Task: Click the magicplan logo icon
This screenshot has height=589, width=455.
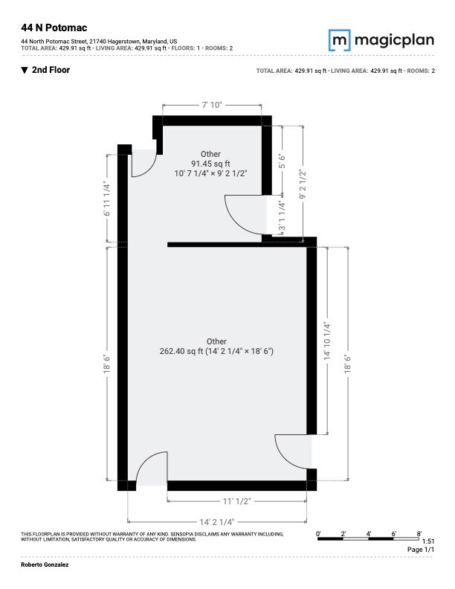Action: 340,39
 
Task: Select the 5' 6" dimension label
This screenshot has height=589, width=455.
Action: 281,161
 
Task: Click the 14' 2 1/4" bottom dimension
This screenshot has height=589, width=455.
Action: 217,522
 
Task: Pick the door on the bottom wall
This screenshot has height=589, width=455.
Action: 152,469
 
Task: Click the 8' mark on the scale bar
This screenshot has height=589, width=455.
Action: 419,533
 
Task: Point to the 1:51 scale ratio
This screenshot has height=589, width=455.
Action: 427,541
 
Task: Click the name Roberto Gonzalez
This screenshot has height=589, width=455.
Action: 44,566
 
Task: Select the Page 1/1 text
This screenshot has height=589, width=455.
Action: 420,550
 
